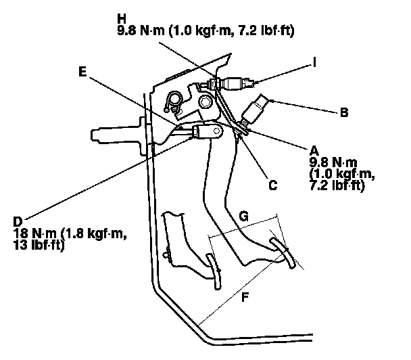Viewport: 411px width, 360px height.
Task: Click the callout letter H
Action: click(x=122, y=18)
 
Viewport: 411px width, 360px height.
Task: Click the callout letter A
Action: click(x=314, y=150)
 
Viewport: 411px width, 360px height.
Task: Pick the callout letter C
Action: click(x=272, y=183)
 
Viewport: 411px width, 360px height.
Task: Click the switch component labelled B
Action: click(x=259, y=107)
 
